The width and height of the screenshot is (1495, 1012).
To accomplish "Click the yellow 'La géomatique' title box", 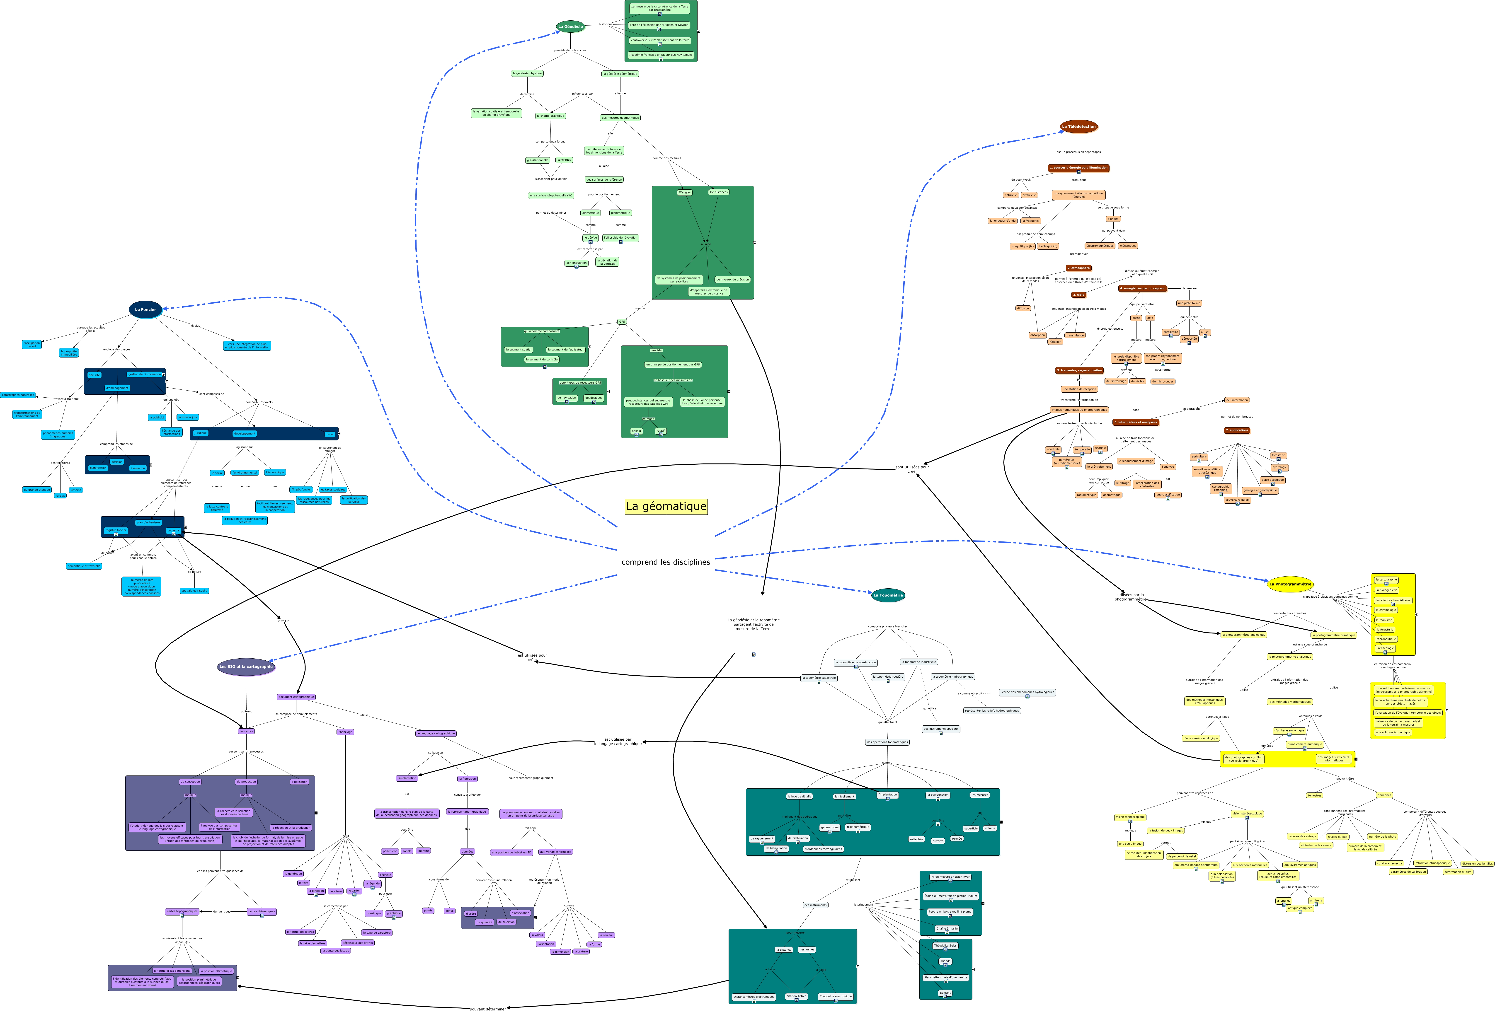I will point(666,507).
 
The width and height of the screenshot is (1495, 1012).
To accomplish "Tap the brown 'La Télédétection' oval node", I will point(1078,127).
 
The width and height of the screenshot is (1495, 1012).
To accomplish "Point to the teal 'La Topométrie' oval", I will point(888,595).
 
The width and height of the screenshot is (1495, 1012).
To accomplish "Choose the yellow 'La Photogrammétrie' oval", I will point(1290,584).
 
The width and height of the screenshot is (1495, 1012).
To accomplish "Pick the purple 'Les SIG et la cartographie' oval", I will point(246,667).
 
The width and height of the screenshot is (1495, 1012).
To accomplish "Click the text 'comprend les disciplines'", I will point(666,562).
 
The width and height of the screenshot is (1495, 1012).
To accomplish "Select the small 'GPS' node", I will point(621,321).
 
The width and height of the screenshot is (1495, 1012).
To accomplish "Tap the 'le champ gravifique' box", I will point(551,116).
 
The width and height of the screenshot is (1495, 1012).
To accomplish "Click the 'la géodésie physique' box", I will point(527,73).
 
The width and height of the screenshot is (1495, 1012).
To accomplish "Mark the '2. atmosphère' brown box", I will point(1078,268).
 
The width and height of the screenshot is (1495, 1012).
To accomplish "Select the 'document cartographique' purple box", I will point(296,697).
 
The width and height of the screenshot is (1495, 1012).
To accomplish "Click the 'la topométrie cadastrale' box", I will point(819,678).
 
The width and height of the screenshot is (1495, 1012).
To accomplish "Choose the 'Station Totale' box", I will point(796,996).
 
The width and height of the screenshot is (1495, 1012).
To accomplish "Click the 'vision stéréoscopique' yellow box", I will point(1247,813).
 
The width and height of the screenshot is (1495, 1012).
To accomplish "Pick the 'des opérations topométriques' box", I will point(887,742).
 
